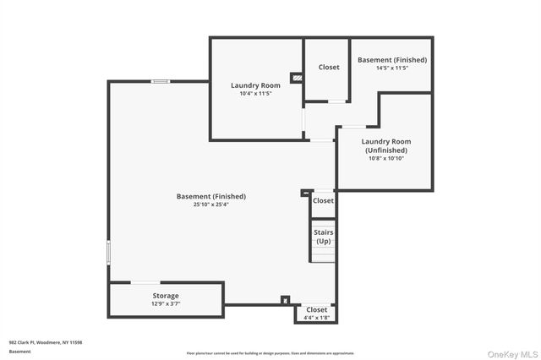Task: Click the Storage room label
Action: (x=166, y=296)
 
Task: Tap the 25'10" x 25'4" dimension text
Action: (x=211, y=204)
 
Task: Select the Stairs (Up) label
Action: (x=323, y=237)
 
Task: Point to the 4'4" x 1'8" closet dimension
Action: (x=316, y=318)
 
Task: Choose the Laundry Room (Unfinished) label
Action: (x=385, y=145)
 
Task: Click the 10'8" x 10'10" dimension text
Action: (x=385, y=158)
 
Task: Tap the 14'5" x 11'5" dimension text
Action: (x=391, y=68)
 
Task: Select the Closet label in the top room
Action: (x=329, y=68)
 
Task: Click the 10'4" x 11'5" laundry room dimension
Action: (x=256, y=93)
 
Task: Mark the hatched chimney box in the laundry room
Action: (x=296, y=78)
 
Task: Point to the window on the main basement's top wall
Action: (x=159, y=81)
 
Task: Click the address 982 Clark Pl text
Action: (x=46, y=342)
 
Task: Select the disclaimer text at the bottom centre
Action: (x=270, y=353)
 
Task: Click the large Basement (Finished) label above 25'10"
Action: (x=211, y=196)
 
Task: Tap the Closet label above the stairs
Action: (x=323, y=200)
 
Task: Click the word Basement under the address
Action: (x=19, y=351)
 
